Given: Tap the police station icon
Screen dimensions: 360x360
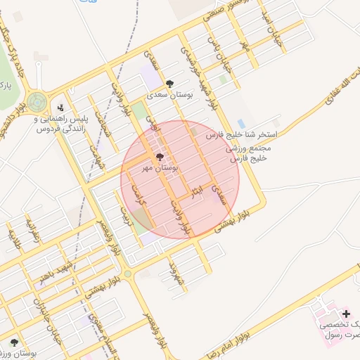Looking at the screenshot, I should tap(60, 108).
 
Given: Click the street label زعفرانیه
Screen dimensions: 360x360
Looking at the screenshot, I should tap(31, 228).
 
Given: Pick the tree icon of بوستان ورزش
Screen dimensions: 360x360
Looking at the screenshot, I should tap(14, 342).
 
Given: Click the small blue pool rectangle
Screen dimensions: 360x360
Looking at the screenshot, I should tap(242, 124).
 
